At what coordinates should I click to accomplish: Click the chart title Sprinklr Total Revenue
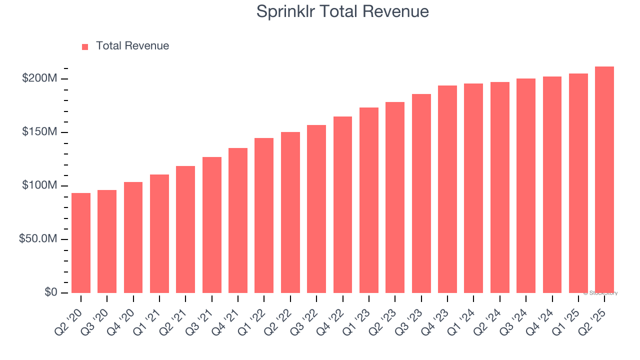342,11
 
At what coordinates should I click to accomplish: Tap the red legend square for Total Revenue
85,46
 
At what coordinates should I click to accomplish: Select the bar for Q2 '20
81,243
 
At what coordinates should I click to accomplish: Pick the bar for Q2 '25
604,180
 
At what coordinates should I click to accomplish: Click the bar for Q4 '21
238,220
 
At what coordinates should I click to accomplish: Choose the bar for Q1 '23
369,200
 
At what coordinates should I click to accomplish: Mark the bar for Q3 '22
316,209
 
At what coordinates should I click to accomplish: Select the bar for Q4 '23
447,189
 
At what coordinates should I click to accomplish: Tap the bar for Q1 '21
159,233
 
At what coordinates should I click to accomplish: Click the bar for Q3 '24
526,185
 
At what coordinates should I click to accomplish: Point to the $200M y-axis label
39,78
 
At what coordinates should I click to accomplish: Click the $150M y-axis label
39,132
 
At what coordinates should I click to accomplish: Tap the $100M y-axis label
39,185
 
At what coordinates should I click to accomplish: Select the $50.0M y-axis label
38,239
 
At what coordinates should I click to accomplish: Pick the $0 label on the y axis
50,292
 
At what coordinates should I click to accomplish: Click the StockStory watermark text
600,293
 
